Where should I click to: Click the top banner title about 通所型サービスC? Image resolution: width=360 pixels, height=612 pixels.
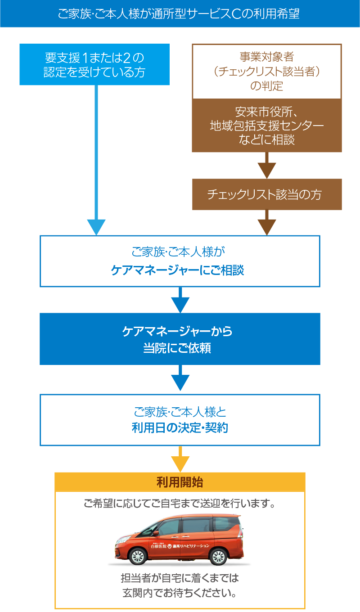click(x=179, y=14)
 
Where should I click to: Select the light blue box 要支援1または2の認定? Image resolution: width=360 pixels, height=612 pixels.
click(x=94, y=65)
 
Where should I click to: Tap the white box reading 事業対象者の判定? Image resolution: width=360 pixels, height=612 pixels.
click(x=267, y=71)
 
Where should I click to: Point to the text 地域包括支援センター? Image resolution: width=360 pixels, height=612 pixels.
click(x=267, y=126)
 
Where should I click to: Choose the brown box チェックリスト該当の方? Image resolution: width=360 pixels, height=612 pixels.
click(x=267, y=194)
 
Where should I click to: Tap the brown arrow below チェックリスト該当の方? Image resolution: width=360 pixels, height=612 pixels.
click(x=267, y=225)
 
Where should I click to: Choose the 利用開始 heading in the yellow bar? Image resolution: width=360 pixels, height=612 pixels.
click(x=180, y=482)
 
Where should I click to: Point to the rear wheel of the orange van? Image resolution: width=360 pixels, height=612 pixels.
click(x=218, y=557)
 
